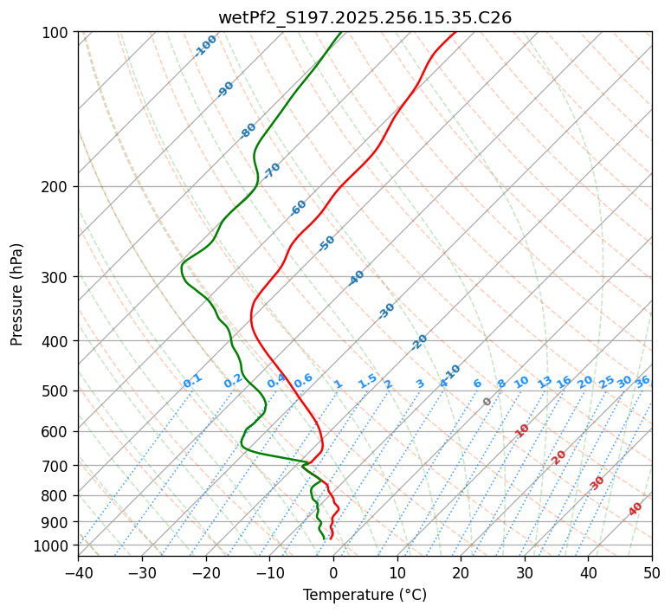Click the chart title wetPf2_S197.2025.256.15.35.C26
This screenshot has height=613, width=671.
coord(365,17)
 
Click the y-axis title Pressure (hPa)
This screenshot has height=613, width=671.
coord(17,294)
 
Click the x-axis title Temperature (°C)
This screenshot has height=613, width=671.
coord(365,596)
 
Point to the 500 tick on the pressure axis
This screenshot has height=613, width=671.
coord(56,391)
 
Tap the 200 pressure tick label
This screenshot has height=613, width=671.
coord(56,187)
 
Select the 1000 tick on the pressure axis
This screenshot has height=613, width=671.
coord(53,545)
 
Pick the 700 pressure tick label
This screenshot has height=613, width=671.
coord(56,466)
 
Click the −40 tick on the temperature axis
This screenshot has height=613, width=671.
coord(78,572)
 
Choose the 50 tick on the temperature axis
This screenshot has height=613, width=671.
coord(652,572)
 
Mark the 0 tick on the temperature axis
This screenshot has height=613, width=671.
coord(333,572)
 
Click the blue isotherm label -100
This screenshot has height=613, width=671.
coord(206,45)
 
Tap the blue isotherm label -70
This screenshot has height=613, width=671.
coord(273,171)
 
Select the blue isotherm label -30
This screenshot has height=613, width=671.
coord(387,311)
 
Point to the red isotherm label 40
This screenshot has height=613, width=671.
coord(636,509)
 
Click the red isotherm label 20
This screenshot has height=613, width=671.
coord(559,456)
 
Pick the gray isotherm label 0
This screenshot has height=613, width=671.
coord(487,402)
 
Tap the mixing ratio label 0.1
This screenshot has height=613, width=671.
coord(192,381)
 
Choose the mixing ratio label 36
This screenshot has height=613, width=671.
coord(642,381)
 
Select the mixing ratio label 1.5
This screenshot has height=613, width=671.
coord(367,381)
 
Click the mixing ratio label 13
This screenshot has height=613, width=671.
coord(545,382)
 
